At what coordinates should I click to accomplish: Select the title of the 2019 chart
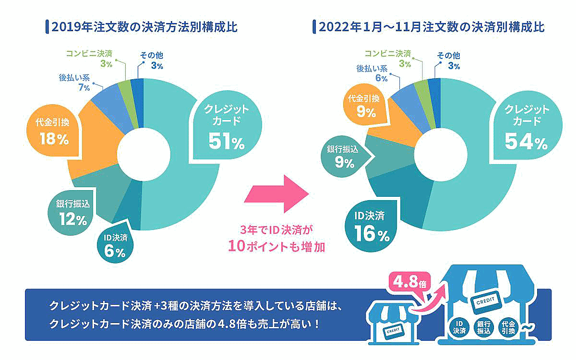click(x=144, y=27)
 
